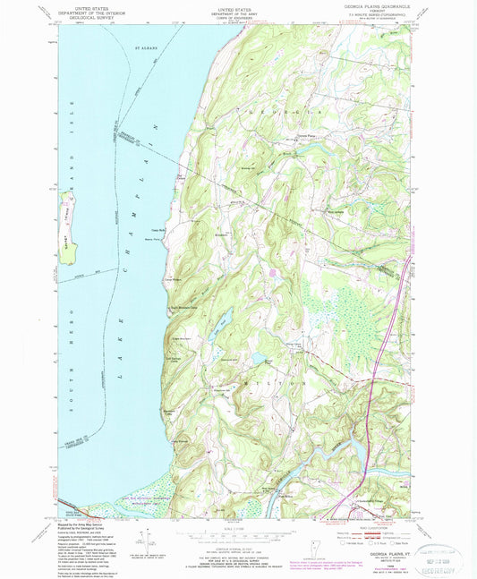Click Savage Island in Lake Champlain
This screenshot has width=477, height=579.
[x=65, y=228]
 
